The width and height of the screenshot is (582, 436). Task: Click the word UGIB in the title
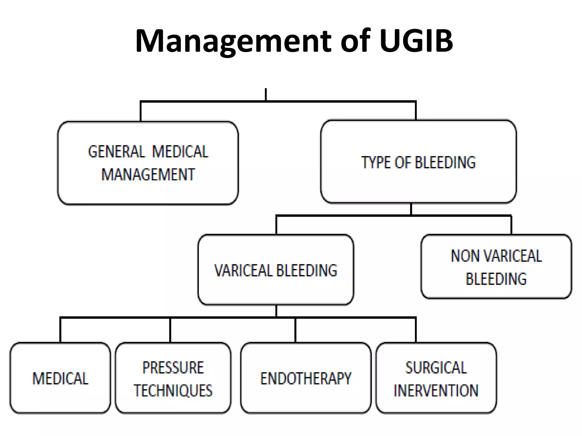(416, 41)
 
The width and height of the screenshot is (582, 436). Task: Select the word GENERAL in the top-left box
(117, 152)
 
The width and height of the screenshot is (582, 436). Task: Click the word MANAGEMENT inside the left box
(148, 174)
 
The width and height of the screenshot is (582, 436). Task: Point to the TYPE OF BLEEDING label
(418, 163)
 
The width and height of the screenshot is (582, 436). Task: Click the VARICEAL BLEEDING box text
(276, 270)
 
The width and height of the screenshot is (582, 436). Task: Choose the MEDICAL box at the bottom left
(60, 379)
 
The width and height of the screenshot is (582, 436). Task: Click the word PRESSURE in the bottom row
(173, 368)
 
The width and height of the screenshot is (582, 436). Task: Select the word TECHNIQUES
(173, 391)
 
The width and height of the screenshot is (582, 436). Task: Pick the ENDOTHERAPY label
(306, 379)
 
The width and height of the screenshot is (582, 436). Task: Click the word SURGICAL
(436, 368)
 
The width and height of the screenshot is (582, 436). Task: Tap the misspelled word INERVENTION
(436, 391)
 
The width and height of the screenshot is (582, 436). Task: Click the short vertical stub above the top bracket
(266, 94)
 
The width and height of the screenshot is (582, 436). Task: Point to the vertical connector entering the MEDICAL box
(60, 330)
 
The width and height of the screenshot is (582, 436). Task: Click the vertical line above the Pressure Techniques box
(170, 330)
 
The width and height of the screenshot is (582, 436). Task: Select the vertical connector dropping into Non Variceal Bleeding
(511, 225)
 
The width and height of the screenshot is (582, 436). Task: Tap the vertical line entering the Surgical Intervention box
(416, 330)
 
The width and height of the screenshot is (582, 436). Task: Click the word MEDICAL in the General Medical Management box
(180, 152)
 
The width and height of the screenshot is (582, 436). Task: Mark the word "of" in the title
(355, 41)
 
